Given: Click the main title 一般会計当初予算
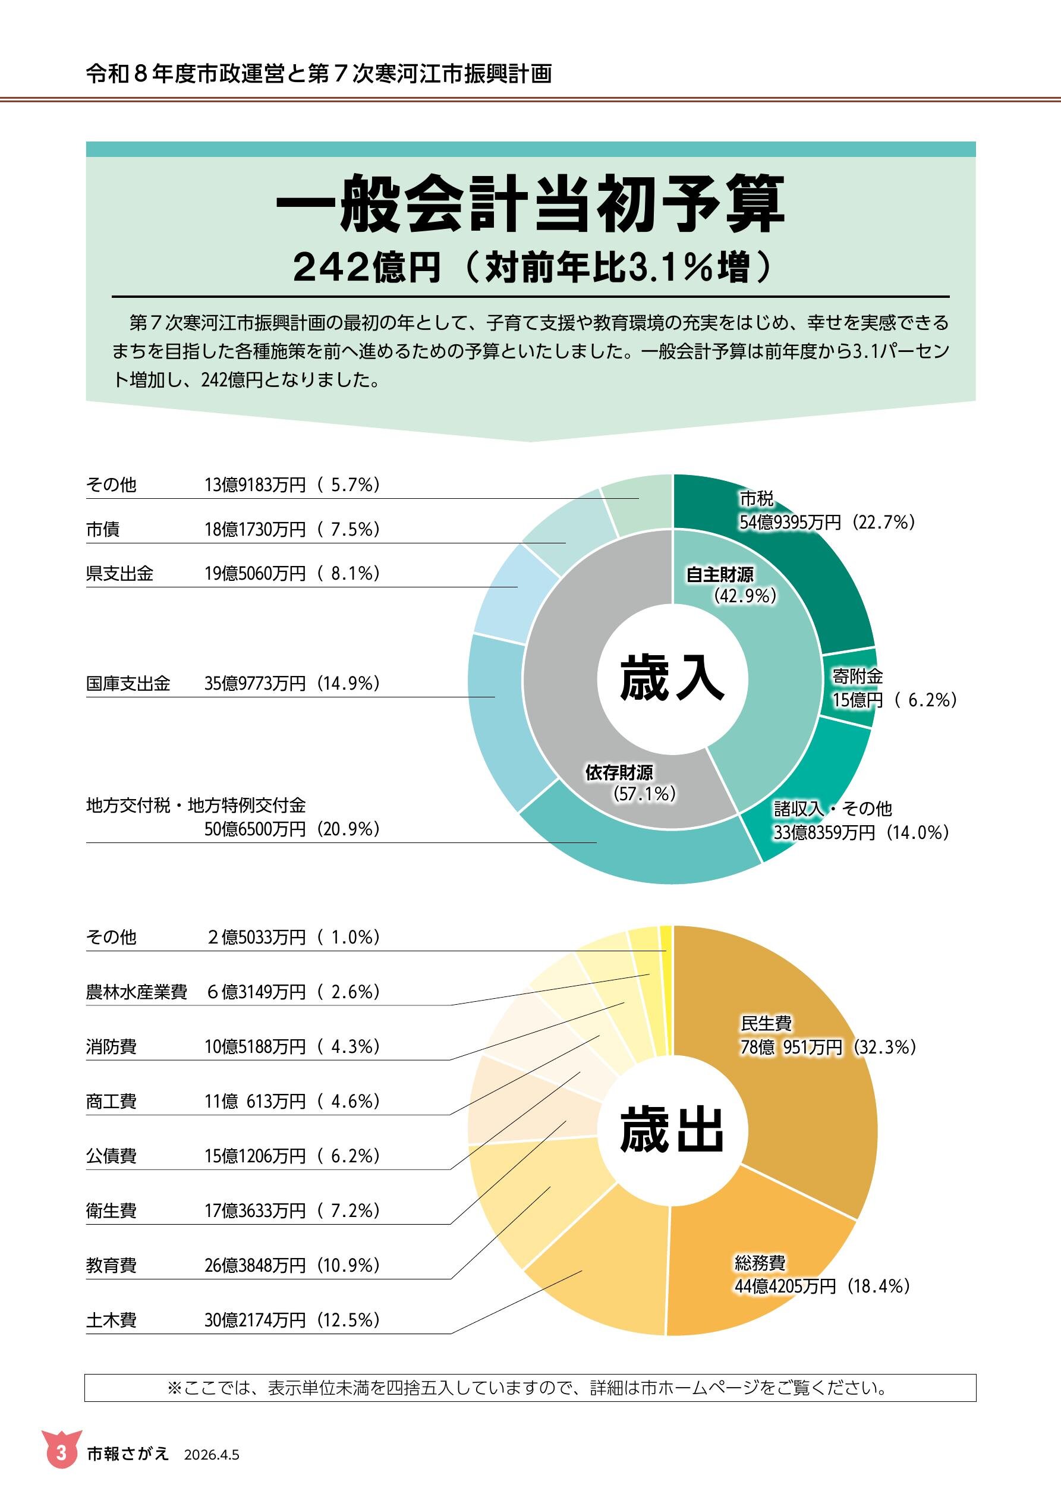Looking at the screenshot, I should pos(530,205).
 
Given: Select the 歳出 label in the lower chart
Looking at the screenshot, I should pos(672,1130).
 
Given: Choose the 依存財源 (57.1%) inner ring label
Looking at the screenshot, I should pos(627,782).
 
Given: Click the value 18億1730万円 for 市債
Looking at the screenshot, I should pos(255,529).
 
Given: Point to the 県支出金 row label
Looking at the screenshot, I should pos(119,574).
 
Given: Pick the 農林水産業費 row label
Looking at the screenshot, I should pos(137,992).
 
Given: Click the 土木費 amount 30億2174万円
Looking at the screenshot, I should pos(255,1320).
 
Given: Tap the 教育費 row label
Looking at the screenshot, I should pos(111,1266).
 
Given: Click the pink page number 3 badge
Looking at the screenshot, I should pos(61,1453).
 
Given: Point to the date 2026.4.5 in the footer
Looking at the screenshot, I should pos(212,1455).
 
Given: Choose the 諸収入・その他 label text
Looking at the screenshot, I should pos(832,809).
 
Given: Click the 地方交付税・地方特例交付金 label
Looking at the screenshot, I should pos(196,805).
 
